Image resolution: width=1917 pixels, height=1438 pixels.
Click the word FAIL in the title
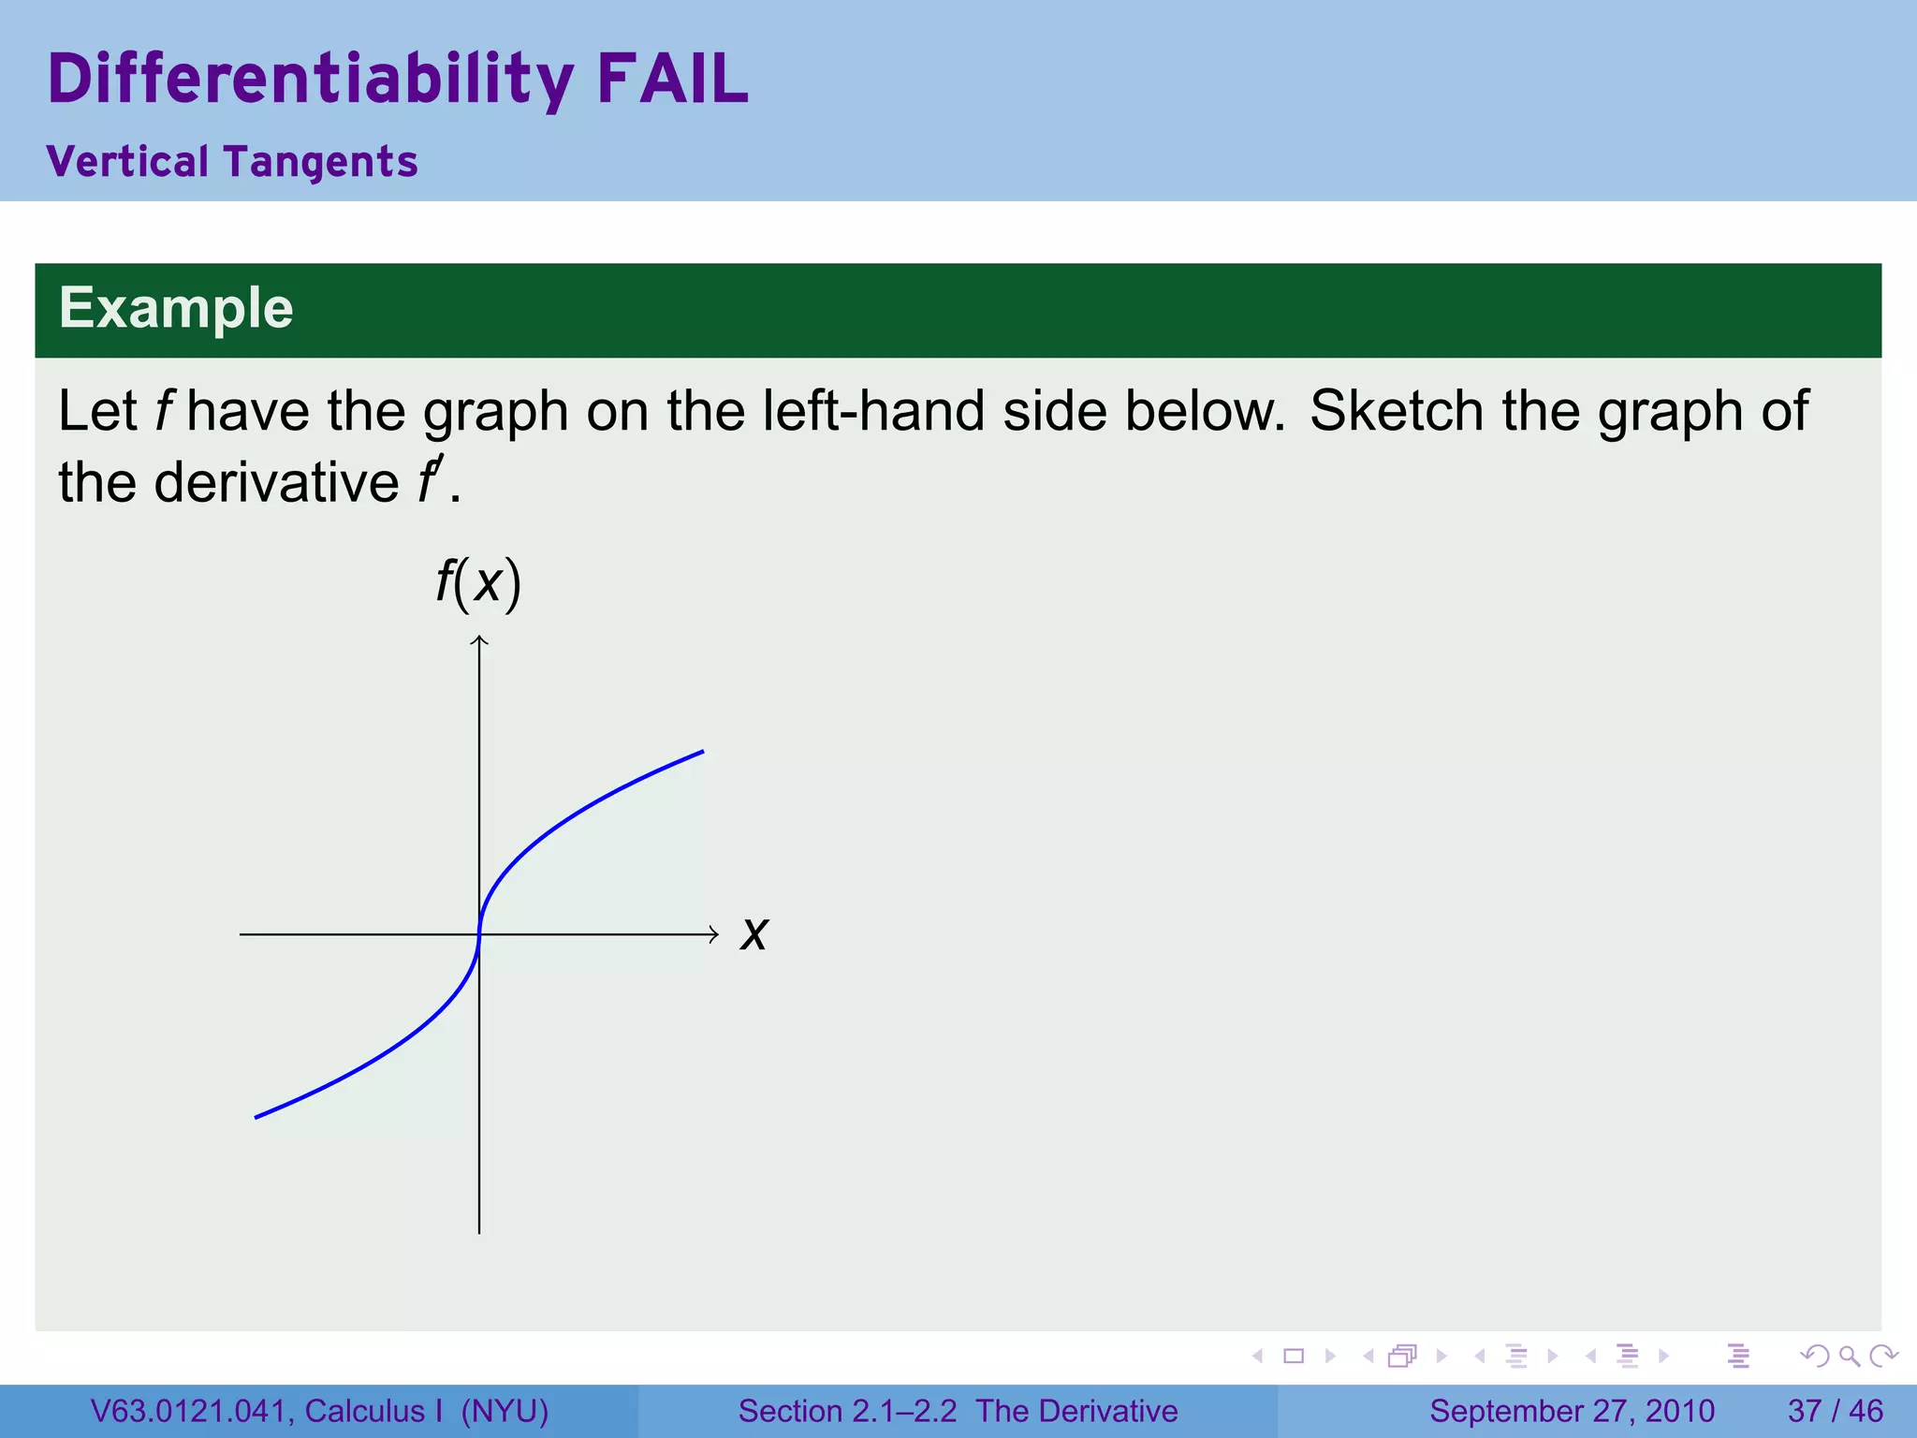tap(672, 79)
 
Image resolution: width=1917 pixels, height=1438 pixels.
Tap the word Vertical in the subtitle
tap(127, 162)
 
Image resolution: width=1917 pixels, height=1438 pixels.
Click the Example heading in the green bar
tap(176, 308)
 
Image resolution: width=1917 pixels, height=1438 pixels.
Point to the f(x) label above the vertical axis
tap(478, 582)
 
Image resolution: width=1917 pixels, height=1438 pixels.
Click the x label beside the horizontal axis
tap(754, 934)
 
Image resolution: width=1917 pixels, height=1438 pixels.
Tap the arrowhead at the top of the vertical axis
tap(479, 640)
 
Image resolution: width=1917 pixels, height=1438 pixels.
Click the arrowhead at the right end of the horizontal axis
tap(713, 934)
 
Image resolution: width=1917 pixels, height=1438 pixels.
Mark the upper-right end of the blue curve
tap(702, 752)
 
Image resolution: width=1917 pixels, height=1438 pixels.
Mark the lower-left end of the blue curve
tap(256, 1117)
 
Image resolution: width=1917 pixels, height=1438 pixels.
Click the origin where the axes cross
tap(479, 934)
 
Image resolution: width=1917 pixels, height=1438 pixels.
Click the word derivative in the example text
tap(276, 483)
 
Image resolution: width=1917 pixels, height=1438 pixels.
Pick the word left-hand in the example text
tap(873, 411)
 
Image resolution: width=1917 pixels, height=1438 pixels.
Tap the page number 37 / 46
tap(1835, 1411)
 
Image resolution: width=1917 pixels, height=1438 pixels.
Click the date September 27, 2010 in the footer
tap(1572, 1411)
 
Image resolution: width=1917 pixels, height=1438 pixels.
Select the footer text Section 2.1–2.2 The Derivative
tap(958, 1411)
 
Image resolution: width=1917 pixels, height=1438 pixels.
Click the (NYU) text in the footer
tap(505, 1411)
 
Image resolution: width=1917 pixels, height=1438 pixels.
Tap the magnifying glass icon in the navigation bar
tap(1849, 1356)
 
